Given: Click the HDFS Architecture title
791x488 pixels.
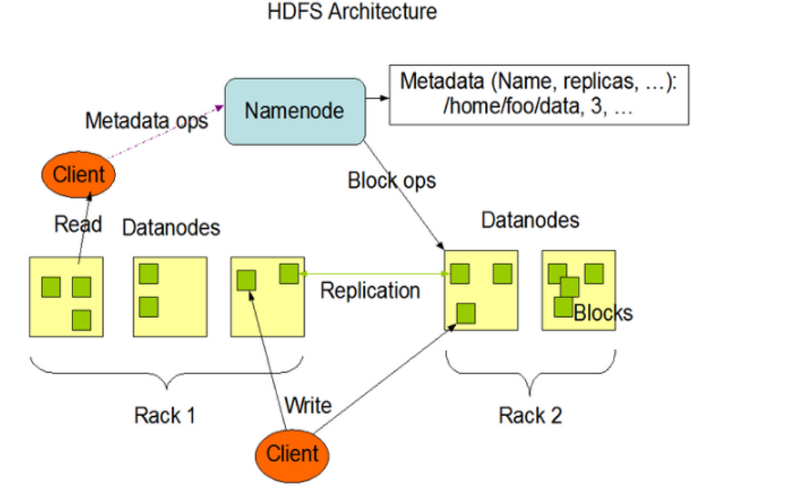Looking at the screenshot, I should point(352,12).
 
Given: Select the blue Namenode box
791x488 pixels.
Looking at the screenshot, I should point(294,111).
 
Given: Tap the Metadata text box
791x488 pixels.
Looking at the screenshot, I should point(538,94).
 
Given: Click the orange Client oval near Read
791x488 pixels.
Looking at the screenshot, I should point(79,175).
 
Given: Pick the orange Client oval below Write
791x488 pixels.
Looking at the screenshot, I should point(292,454).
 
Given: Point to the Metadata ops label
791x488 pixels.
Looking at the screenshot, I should point(146,121).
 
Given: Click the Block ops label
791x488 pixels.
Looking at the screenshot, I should point(392,180).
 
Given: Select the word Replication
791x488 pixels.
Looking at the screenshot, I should point(369,290).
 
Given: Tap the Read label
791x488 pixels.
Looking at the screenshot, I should point(78,224).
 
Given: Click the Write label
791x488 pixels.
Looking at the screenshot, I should point(307,404).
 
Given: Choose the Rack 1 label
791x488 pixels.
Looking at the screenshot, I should point(164,415).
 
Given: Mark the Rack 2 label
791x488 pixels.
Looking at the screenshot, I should point(530,415).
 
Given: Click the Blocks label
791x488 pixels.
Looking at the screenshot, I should point(603,313).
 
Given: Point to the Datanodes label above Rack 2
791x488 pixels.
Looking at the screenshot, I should point(530,220).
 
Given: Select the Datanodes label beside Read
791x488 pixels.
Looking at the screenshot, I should point(171,228).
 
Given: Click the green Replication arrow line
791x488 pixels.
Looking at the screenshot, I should point(373,273).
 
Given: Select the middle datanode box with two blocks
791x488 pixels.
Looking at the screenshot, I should point(170,296).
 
